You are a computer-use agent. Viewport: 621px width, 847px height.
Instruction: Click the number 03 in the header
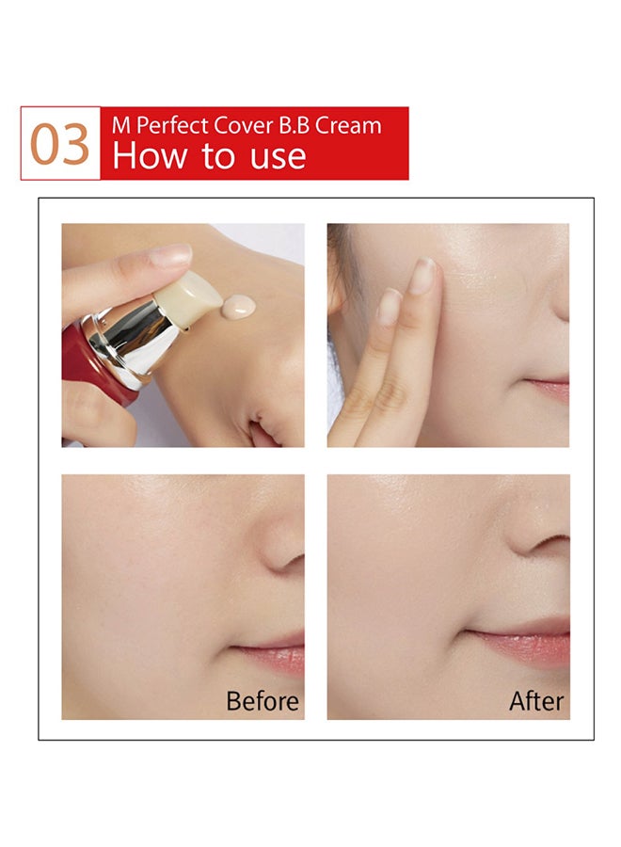tap(59, 144)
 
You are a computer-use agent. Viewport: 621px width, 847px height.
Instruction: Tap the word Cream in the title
tap(348, 125)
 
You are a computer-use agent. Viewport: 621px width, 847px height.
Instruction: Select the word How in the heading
tap(151, 155)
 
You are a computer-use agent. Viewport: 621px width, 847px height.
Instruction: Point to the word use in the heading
tap(279, 158)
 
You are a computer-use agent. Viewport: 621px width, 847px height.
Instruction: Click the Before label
tap(263, 701)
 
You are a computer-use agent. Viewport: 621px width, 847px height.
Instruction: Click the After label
tap(536, 701)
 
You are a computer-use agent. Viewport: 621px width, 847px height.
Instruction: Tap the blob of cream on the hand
tap(239, 307)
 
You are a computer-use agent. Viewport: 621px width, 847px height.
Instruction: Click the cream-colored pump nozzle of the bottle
tap(188, 299)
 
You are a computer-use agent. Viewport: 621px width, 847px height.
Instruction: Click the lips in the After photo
tap(521, 646)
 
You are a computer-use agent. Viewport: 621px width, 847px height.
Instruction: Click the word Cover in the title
tap(244, 125)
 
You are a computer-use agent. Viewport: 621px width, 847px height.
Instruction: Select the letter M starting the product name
tap(121, 125)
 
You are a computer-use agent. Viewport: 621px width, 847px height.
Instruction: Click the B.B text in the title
tap(295, 125)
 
